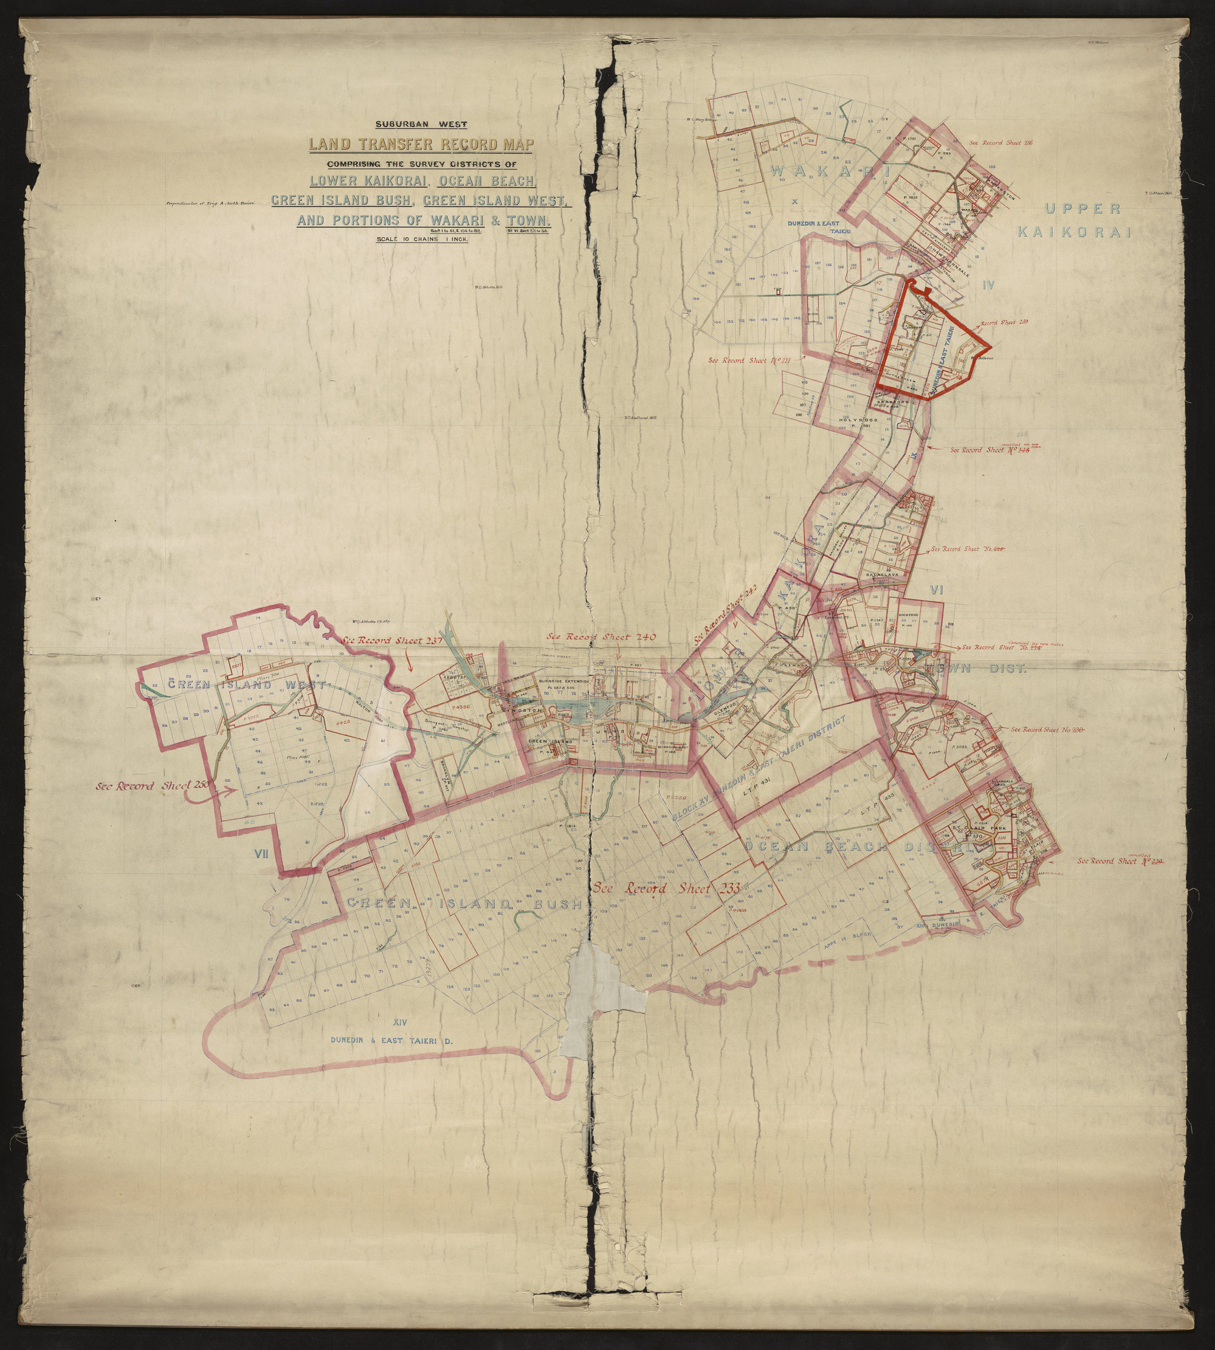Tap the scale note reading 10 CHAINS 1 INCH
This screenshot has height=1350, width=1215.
click(422, 239)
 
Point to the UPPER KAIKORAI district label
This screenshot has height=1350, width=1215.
click(1081, 220)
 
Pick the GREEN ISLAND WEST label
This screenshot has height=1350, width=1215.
click(245, 685)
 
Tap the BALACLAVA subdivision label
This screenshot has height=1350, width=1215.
click(884, 574)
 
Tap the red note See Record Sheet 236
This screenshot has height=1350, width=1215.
click(995, 142)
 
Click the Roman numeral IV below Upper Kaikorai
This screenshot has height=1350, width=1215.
click(989, 285)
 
